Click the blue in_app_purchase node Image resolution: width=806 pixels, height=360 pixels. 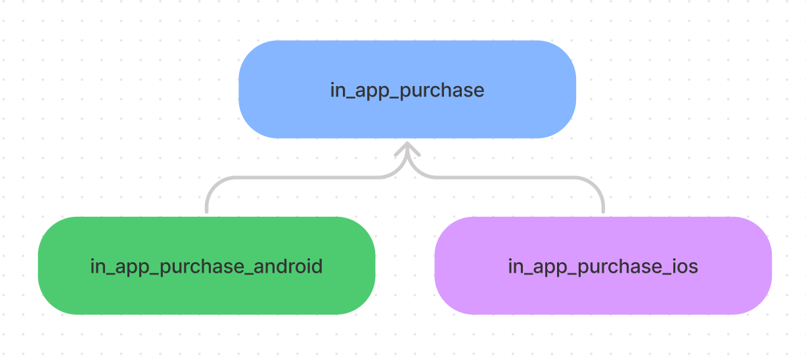(407, 89)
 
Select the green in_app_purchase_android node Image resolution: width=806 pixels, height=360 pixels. (206, 265)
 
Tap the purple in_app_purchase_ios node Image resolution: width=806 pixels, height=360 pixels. (603, 265)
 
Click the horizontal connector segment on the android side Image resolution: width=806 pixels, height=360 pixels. (306, 177)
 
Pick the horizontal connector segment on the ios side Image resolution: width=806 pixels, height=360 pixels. (504, 177)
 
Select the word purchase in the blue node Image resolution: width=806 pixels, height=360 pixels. (442, 90)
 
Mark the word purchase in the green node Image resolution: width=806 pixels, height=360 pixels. (202, 267)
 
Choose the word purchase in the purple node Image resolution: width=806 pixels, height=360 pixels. (620, 267)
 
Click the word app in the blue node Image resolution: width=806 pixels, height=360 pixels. (372, 91)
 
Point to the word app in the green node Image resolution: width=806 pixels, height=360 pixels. (132, 268)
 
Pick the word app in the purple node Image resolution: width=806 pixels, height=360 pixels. (550, 268)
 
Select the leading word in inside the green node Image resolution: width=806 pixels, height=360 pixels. (98, 267)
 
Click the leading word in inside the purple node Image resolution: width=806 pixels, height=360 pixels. (516, 267)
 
